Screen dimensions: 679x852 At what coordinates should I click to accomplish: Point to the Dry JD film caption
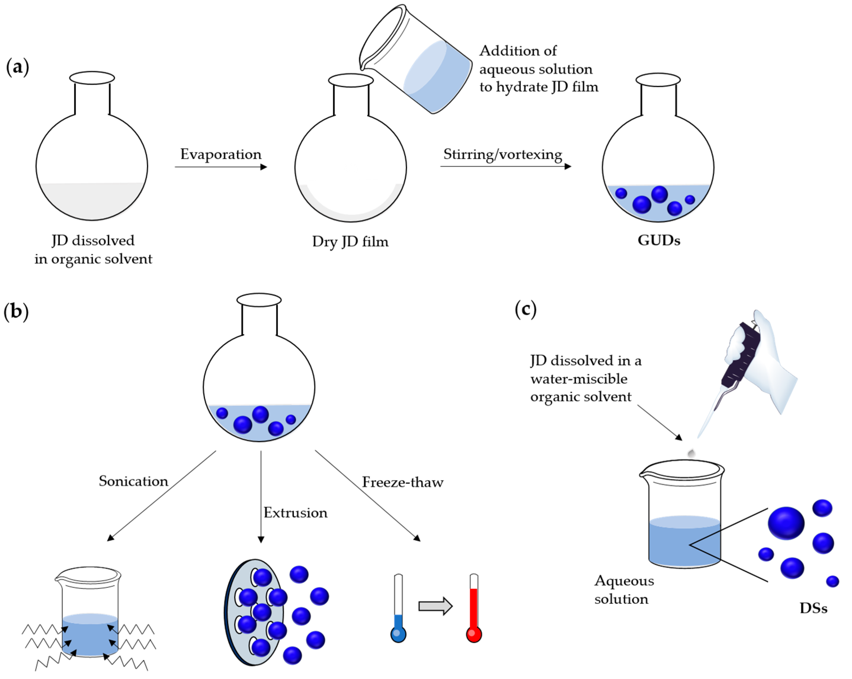(350, 241)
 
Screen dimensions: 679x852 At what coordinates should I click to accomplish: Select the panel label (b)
(16, 311)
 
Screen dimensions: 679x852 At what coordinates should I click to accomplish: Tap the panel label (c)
(525, 309)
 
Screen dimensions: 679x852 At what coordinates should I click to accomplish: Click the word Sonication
(133, 481)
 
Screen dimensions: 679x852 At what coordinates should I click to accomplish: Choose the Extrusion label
(295, 513)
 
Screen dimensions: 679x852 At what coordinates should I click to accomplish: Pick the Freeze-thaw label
(402, 482)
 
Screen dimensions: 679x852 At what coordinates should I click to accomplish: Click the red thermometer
(474, 609)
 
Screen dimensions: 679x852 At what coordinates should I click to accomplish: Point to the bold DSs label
(813, 608)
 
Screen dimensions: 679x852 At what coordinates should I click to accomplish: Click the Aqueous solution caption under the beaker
(624, 590)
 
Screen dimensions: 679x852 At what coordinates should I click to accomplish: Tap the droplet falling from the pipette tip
(691, 453)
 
